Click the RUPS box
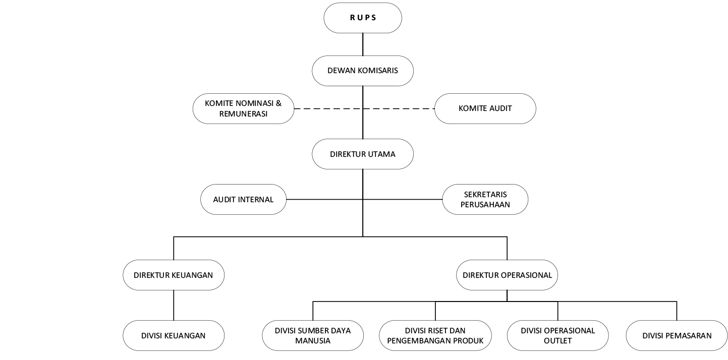coord(363,18)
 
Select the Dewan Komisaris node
coord(363,71)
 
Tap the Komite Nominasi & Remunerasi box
coord(243,108)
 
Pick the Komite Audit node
coord(485,108)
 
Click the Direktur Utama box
coord(363,154)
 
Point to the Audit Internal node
coord(243,199)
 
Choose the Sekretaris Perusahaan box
coord(485,199)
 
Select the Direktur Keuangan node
coord(173,275)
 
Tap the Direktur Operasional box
coord(507,275)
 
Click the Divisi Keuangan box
coord(173,335)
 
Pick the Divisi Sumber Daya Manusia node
coord(312,335)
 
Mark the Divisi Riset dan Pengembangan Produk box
coord(435,335)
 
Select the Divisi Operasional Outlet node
coord(557,335)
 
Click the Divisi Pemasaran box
coord(677,335)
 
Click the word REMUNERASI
coord(243,114)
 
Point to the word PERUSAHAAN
coord(485,205)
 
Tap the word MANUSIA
coord(312,341)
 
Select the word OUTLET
coord(557,341)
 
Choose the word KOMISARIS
coord(377,71)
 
